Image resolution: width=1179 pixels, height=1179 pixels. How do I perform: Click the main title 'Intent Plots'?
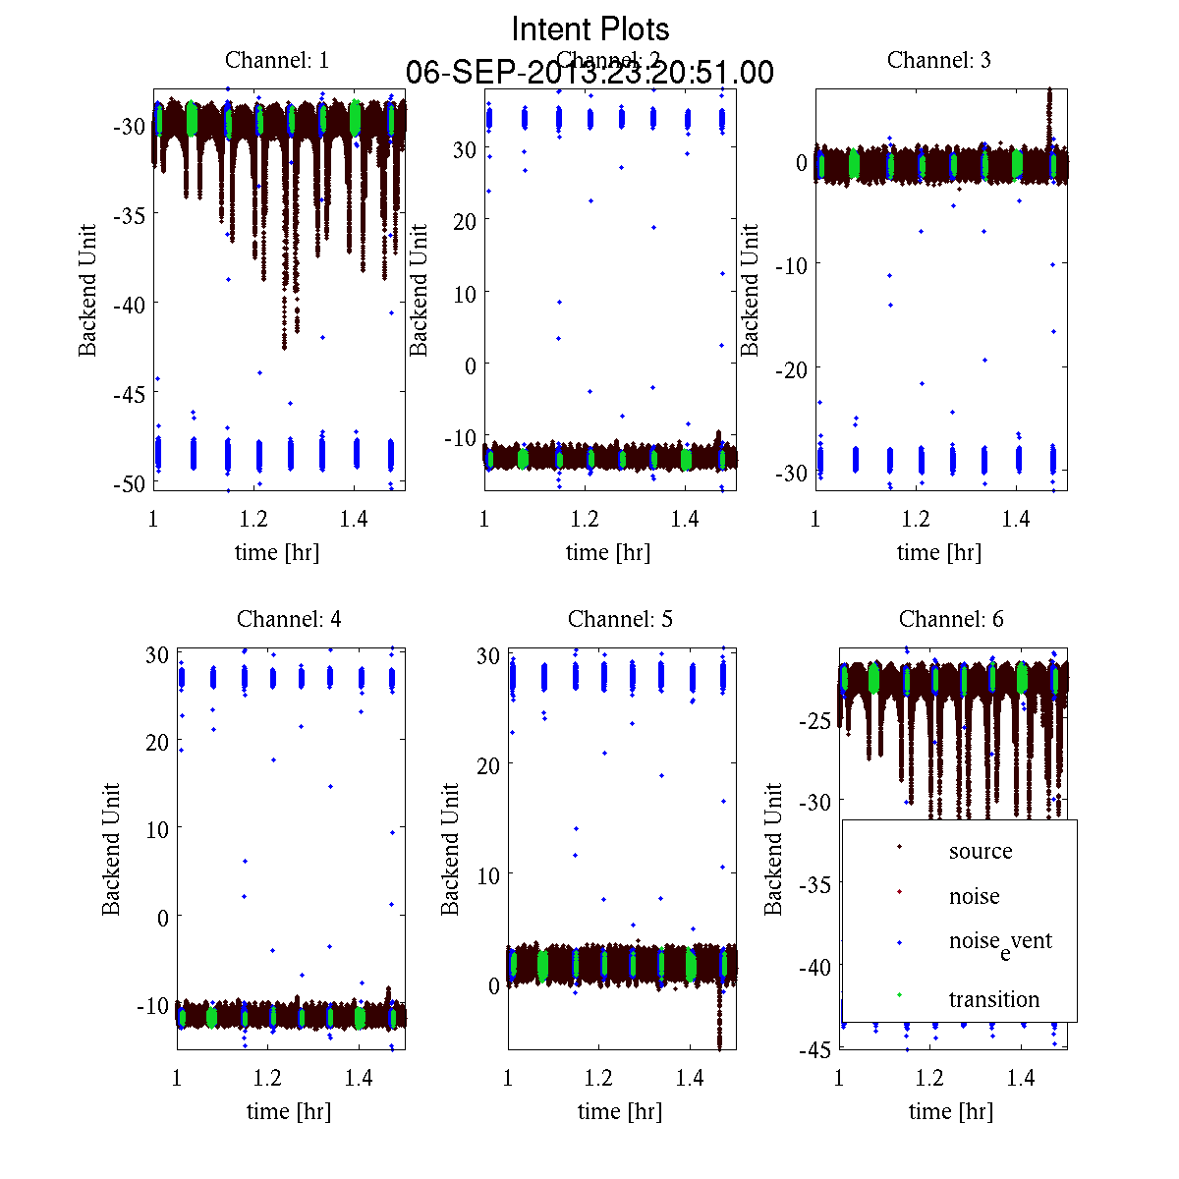[590, 28]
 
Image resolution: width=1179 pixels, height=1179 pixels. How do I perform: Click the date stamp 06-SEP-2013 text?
[589, 73]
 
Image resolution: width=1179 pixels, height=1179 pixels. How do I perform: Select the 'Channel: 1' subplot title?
[277, 60]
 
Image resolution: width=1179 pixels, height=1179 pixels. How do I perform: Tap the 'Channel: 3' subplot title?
[939, 60]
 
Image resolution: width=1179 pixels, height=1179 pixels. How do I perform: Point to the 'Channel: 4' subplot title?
[289, 619]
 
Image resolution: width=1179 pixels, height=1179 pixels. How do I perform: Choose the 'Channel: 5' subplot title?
[620, 619]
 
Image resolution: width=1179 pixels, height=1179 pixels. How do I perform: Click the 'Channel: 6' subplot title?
[951, 619]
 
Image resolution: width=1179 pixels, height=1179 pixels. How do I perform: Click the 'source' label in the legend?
[981, 851]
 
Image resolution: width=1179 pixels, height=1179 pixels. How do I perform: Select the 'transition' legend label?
[993, 999]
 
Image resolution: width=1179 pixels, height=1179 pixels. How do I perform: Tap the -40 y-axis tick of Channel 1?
[128, 305]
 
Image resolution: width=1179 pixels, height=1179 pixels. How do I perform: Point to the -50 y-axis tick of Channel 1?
[128, 483]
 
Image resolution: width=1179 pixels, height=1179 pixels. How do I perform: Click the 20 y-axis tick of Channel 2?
[465, 221]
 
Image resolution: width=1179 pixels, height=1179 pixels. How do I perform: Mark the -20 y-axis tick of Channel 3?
[790, 368]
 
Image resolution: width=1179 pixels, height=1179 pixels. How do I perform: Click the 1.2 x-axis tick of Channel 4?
[267, 1078]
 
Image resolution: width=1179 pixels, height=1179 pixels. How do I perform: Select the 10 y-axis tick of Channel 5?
[488, 874]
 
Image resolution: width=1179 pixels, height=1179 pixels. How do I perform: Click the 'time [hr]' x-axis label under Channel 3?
[939, 552]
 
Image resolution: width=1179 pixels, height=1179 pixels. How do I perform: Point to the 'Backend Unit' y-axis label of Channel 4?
[111, 849]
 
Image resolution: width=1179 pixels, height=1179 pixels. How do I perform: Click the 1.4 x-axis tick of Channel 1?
[354, 519]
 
